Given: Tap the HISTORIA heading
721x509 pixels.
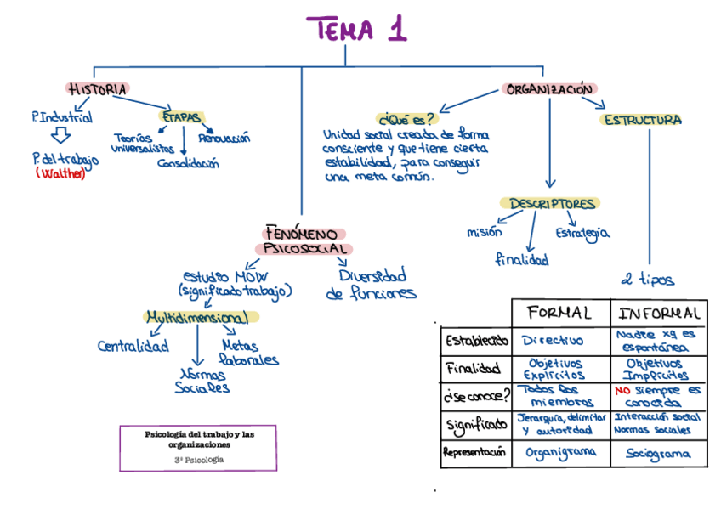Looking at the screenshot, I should (98, 88).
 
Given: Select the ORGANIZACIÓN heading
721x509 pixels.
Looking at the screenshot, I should (549, 88).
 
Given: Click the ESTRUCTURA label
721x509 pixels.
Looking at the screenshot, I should (642, 120).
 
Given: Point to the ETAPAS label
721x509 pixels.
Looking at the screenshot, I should (181, 117).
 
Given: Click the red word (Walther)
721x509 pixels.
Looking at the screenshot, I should (61, 174).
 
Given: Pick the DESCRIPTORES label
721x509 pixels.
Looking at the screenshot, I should (552, 204).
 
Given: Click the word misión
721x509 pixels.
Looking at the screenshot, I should (484, 231).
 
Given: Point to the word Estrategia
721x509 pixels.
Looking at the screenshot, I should (582, 232).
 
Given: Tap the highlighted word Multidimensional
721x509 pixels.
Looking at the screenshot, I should (198, 318).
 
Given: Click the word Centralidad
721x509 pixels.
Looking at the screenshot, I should (133, 346).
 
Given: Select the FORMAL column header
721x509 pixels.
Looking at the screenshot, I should (559, 313).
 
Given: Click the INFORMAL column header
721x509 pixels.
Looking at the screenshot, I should (660, 313).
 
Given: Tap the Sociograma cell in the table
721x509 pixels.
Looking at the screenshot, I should (658, 454).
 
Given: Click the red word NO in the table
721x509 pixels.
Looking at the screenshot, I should (622, 390).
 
